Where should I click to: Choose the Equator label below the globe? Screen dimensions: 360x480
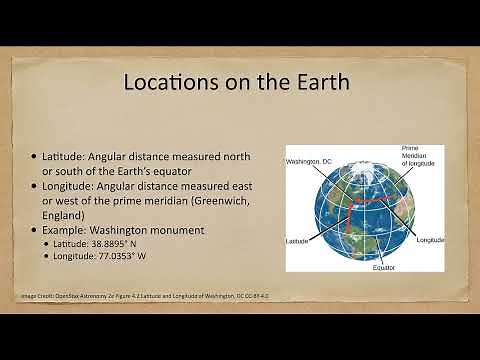pyautogui.click(x=385, y=268)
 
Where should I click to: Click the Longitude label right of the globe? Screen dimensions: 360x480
pyautogui.click(x=431, y=240)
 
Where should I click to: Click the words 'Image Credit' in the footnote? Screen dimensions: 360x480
pyautogui.click(x=40, y=297)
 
